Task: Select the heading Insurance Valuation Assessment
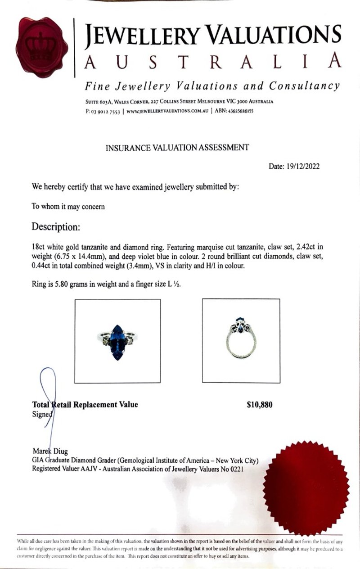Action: (176, 147)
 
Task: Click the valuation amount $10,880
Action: (260, 405)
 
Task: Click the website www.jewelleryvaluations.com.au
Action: (167, 112)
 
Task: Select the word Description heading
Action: (55, 227)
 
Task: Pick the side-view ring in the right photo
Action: (241, 338)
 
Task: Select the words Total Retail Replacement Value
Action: (85, 404)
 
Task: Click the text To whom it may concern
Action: (68, 207)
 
